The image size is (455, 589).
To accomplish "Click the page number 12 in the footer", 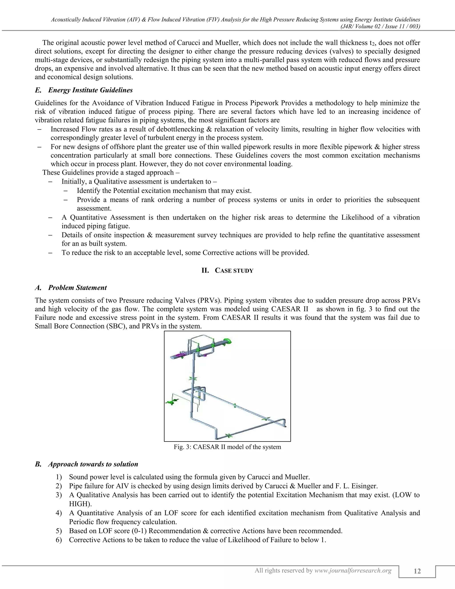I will tap(417, 571).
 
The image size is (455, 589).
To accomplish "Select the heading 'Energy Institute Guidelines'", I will tap(90, 90).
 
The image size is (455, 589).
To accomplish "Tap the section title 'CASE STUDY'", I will tap(234, 270).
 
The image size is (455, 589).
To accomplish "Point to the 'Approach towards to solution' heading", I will tap(93, 464).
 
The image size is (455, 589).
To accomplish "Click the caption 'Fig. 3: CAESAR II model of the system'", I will tap(227, 447).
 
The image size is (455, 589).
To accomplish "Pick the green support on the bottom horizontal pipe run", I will tap(229, 436).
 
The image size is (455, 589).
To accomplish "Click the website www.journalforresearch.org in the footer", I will tap(353, 570).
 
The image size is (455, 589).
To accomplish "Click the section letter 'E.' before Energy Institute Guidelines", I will tap(38, 90).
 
